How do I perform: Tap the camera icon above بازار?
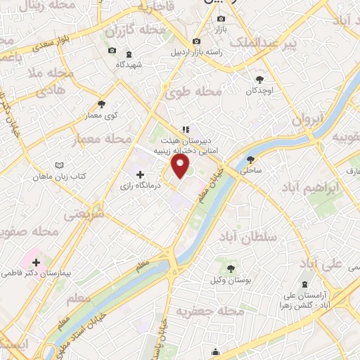point(221,18)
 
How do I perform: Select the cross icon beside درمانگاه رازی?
point(140,174)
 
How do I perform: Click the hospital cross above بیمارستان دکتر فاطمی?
point(36,262)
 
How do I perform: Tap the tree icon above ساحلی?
point(251,160)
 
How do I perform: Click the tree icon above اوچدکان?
point(260,79)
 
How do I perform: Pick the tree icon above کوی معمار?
point(102,104)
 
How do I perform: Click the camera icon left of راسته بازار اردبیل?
point(196,41)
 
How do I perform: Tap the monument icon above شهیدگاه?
point(129,54)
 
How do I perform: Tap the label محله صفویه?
point(30,231)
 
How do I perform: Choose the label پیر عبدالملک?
point(310,44)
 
